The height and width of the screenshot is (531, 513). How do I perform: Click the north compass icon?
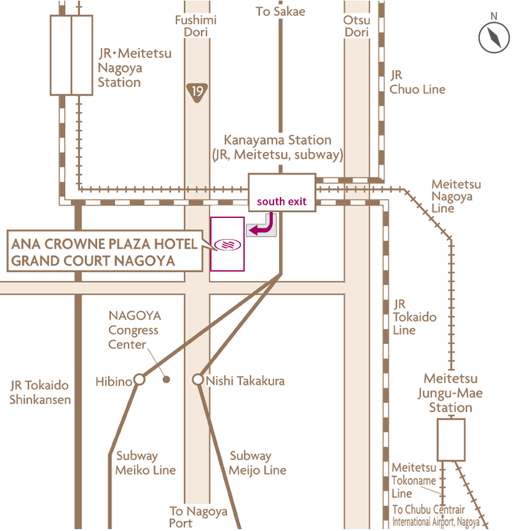coord(494,37)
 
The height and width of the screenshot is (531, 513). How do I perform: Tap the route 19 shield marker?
coord(197,91)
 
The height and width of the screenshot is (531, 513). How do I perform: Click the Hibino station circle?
coord(139,380)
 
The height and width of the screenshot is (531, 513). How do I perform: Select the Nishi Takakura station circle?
coord(197,380)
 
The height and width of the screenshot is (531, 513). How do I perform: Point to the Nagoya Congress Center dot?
coord(167,380)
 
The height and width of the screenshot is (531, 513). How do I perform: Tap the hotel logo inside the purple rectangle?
coord(227,244)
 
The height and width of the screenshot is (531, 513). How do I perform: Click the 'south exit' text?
coord(282,201)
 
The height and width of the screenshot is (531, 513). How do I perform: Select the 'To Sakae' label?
coord(280,12)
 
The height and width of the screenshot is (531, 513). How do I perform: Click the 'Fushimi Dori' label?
coord(196,26)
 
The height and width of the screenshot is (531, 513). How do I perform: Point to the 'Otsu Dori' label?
coord(356,26)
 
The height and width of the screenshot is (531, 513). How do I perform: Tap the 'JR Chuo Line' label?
coord(417,82)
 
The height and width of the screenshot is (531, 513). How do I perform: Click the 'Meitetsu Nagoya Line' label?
coord(456,196)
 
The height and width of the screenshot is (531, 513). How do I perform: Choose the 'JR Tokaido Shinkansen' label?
coord(40,392)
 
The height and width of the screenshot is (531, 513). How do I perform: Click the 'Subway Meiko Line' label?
coord(146,463)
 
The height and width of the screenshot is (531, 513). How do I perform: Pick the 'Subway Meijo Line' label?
coord(257,463)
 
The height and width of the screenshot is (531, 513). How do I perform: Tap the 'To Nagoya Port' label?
coord(198,517)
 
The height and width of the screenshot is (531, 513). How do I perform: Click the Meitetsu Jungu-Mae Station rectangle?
coord(451,440)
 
